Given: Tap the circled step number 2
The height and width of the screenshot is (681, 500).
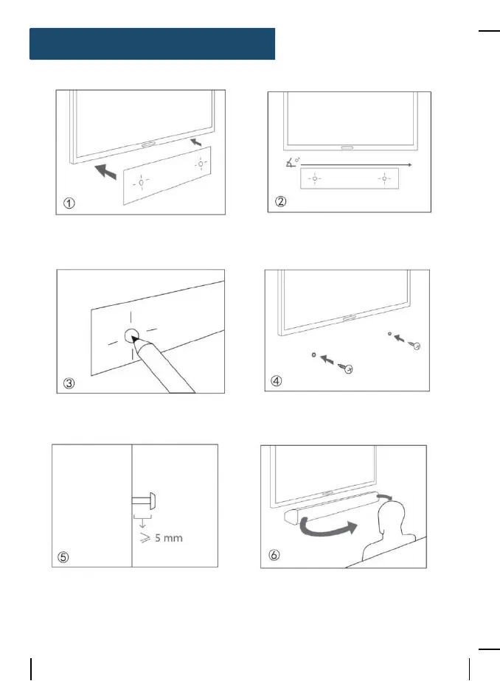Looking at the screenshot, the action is click(x=279, y=202).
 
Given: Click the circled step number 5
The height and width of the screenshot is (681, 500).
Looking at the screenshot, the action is click(x=63, y=557).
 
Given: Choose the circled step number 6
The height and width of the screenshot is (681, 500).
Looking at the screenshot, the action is click(x=275, y=556).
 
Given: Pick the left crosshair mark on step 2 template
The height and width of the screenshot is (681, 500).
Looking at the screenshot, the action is click(x=313, y=178).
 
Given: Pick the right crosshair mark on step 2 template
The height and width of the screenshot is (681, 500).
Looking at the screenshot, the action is click(x=383, y=178).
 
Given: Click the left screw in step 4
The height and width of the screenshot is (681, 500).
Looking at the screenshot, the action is click(x=343, y=366).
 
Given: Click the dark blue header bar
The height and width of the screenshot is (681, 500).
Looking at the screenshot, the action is click(x=152, y=43).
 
